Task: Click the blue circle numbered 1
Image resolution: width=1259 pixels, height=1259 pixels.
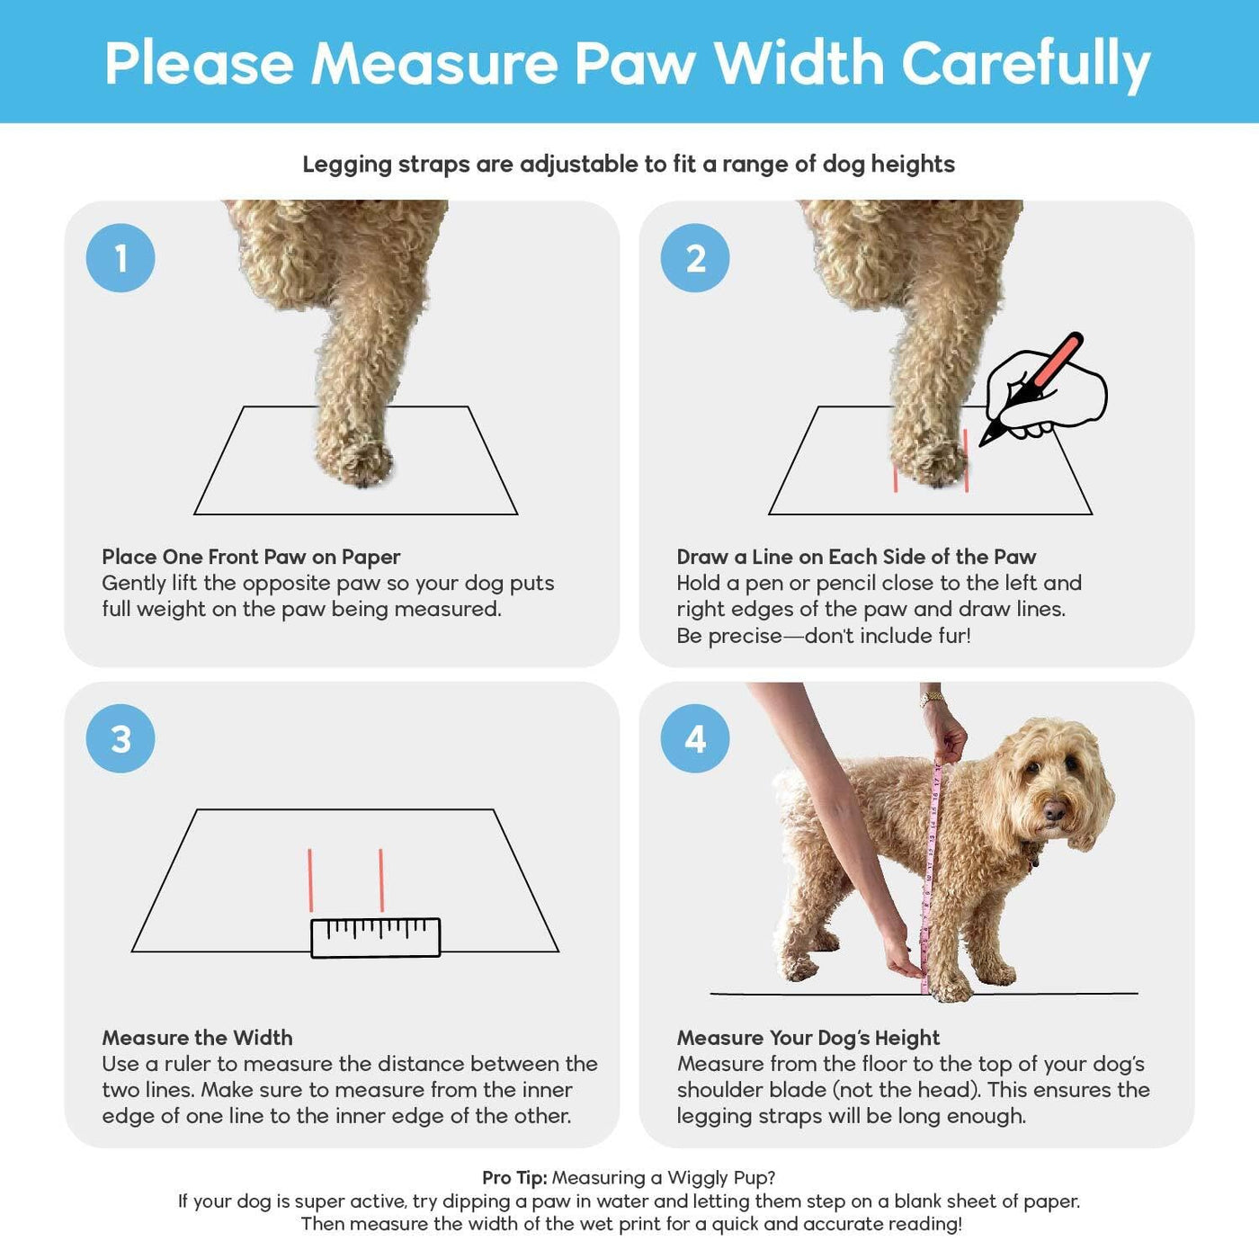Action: pyautogui.click(x=121, y=258)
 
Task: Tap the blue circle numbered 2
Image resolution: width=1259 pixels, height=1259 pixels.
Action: pyautogui.click(x=695, y=258)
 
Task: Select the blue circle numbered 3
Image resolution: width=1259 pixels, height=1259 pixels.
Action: pyautogui.click(x=121, y=739)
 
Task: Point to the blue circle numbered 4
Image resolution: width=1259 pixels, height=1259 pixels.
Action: pyautogui.click(x=695, y=739)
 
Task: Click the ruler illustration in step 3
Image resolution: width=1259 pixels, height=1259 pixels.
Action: pyautogui.click(x=376, y=938)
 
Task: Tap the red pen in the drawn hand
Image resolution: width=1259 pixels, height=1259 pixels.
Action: pyautogui.click(x=1031, y=390)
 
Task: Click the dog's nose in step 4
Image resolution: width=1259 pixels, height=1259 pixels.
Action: pyautogui.click(x=1053, y=811)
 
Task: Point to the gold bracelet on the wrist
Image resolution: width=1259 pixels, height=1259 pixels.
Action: pyautogui.click(x=933, y=698)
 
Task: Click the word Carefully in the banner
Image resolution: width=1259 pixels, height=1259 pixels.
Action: pyautogui.click(x=1026, y=65)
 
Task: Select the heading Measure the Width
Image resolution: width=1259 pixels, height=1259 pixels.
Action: pyautogui.click(x=197, y=1038)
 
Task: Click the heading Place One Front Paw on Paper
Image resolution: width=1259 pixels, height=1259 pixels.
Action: pyautogui.click(x=251, y=557)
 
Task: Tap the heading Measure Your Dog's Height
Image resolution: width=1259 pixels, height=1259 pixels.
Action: pyautogui.click(x=808, y=1038)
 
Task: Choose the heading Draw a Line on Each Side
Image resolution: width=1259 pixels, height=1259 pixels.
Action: pyautogui.click(x=856, y=557)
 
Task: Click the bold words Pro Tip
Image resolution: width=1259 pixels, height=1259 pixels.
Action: pyautogui.click(x=514, y=1178)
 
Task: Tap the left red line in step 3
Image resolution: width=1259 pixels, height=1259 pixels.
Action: pyautogui.click(x=310, y=880)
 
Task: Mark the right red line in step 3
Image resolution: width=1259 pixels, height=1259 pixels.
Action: pyautogui.click(x=381, y=880)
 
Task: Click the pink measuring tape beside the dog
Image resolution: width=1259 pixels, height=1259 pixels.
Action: pyautogui.click(x=930, y=877)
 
